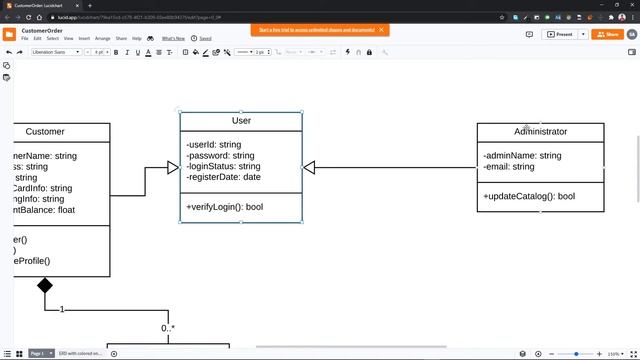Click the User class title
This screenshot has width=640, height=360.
tap(241, 121)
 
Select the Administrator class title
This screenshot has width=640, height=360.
tap(540, 132)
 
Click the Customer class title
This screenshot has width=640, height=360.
tap(45, 132)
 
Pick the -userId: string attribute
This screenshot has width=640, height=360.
tap(213, 145)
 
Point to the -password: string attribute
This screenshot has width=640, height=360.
tap(220, 156)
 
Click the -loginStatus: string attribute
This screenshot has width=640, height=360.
tap(223, 167)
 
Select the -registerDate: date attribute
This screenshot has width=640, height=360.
tap(223, 178)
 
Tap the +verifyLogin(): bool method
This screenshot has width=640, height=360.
tap(224, 207)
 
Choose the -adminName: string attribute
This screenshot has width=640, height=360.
tap(522, 156)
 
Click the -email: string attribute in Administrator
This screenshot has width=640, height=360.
tap(509, 167)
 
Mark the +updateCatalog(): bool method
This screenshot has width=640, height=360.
tap(529, 196)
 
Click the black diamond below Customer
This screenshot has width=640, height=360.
tap(45, 286)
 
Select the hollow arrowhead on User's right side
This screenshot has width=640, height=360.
tap(309, 168)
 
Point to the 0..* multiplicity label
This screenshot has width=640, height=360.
tap(168, 328)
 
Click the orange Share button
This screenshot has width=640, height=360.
tap(607, 34)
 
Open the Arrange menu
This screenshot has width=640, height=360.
tap(103, 38)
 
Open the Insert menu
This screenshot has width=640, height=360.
tap(84, 38)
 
